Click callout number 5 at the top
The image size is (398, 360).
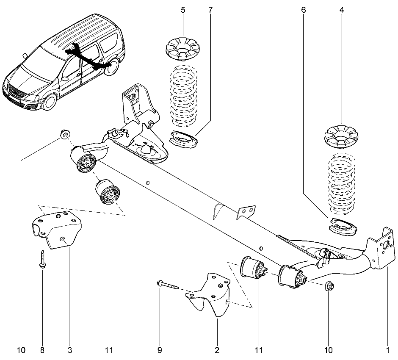coord(183,9)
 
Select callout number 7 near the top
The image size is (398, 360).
coord(210,9)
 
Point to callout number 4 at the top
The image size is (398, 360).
coord(341,9)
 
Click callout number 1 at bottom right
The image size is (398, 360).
coord(387,350)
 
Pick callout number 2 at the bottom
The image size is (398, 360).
coord(217,350)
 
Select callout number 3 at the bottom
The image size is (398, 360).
coord(70,350)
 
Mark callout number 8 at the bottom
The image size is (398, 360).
coord(42,350)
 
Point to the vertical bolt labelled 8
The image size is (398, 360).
coord(43,259)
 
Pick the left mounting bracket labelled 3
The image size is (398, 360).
coord(57,231)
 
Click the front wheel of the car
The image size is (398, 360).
coord(50,101)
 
